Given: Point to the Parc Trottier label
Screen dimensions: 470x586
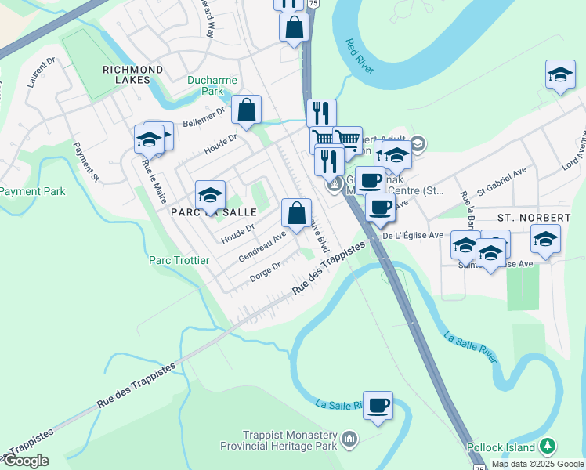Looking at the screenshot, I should coord(179,260).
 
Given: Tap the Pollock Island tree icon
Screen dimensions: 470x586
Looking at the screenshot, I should coord(548,446).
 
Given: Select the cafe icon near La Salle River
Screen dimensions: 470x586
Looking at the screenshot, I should coord(378,406).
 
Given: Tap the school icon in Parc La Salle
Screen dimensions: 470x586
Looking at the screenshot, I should coord(210,195).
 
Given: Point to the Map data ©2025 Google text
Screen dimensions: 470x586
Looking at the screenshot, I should coord(537,464).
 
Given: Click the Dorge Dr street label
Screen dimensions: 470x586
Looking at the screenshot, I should coord(266,272).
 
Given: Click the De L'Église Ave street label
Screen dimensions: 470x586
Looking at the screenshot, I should coord(413,235).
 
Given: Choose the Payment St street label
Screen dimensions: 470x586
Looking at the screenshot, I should coord(86,161).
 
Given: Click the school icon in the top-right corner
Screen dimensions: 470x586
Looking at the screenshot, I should coord(560,75).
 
